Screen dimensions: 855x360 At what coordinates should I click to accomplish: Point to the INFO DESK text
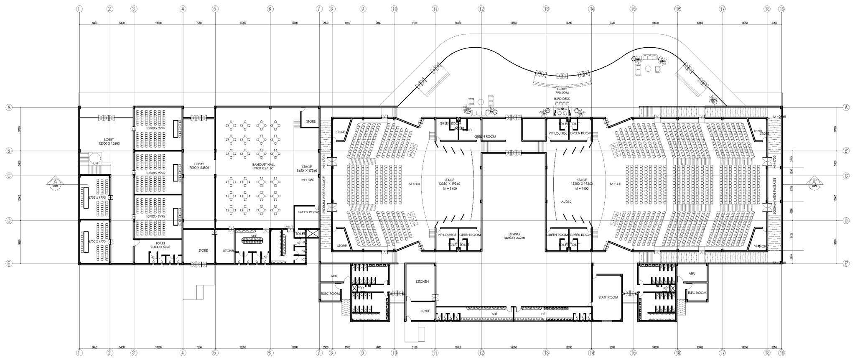562,99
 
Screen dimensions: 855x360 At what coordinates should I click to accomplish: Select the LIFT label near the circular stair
96,163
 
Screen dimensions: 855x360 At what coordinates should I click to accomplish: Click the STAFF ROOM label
608,297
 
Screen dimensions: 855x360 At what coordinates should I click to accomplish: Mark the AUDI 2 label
566,202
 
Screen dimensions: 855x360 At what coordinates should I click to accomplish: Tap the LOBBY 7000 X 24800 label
199,166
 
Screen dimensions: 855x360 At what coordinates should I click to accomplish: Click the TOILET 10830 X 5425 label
160,245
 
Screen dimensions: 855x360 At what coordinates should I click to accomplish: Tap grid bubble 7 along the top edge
319,8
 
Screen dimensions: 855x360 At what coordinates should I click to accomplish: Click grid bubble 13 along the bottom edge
546,353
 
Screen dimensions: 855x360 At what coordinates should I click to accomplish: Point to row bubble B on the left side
8,151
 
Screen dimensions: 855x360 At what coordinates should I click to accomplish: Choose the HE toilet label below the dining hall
543,314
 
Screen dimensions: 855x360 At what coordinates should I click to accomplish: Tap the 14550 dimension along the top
514,23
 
